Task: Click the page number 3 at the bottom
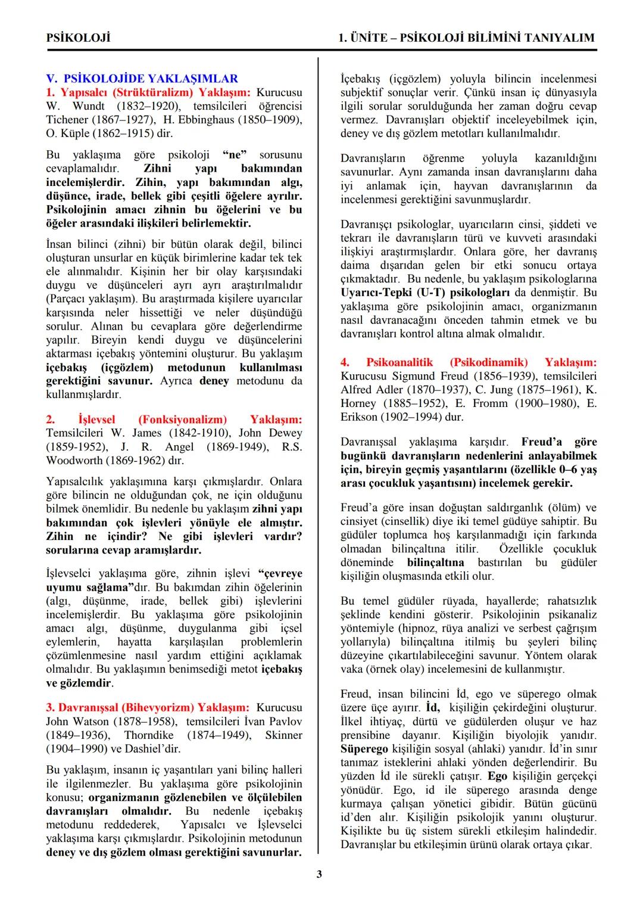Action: tap(319, 874)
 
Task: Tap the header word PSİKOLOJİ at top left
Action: tap(78, 38)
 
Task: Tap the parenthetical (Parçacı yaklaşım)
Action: tap(91, 299)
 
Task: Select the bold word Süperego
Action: tap(364, 749)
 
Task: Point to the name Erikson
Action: tap(359, 417)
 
